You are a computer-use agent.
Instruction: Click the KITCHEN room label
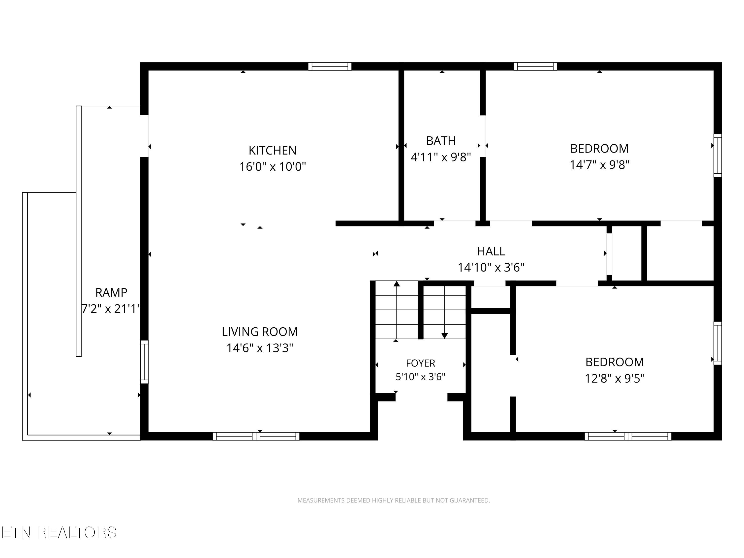pos(273,150)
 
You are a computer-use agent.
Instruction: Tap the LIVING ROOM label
pos(260,332)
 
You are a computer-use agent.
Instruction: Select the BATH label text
pos(441,141)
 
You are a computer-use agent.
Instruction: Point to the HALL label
pos(491,251)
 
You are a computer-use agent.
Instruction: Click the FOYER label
pos(420,363)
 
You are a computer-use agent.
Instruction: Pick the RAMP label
pos(111,293)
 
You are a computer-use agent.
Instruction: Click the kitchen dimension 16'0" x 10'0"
pos(273,166)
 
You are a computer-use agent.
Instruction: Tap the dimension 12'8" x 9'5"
pos(615,378)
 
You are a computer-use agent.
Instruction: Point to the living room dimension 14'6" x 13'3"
pos(260,348)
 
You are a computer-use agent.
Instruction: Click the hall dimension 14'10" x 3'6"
pos(491,267)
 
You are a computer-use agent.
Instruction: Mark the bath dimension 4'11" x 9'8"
pos(441,157)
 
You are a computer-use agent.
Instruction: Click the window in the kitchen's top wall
pos(330,66)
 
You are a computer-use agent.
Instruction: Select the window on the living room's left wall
pos(144,362)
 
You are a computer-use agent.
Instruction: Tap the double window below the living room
pos(256,436)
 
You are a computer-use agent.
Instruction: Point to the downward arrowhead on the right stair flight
pos(445,336)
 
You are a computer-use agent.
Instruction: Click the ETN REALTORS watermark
pos(59,532)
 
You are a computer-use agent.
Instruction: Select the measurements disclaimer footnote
pos(394,500)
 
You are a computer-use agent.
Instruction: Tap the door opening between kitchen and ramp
pos(144,136)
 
